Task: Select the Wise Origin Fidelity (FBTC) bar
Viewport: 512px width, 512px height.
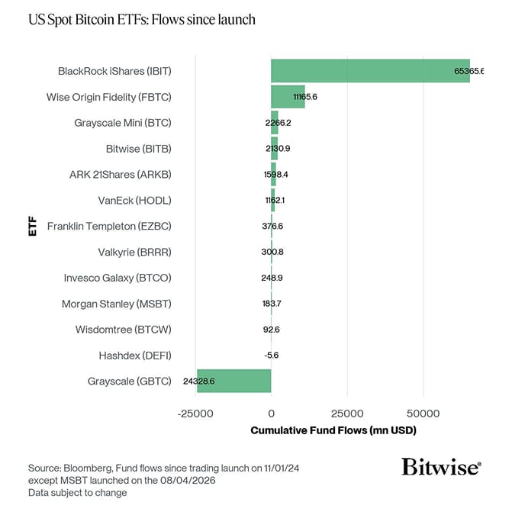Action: click(288, 97)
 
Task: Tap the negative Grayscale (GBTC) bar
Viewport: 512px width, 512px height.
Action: click(233, 381)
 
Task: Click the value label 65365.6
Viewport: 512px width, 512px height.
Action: click(468, 71)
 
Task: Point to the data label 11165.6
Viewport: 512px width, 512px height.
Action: click(304, 97)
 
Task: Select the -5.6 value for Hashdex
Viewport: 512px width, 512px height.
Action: click(271, 355)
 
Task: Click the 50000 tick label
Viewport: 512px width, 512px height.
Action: click(423, 413)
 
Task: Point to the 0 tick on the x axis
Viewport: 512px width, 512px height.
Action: click(271, 413)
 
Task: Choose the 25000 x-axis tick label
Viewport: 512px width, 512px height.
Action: click(347, 413)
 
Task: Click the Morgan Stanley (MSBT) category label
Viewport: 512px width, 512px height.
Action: click(116, 304)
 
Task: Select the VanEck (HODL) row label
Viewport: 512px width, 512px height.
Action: click(136, 200)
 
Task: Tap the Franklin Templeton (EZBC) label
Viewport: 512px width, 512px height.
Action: click(109, 227)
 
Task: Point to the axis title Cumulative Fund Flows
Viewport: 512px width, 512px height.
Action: click(333, 431)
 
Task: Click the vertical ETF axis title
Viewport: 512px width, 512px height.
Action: click(32, 227)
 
